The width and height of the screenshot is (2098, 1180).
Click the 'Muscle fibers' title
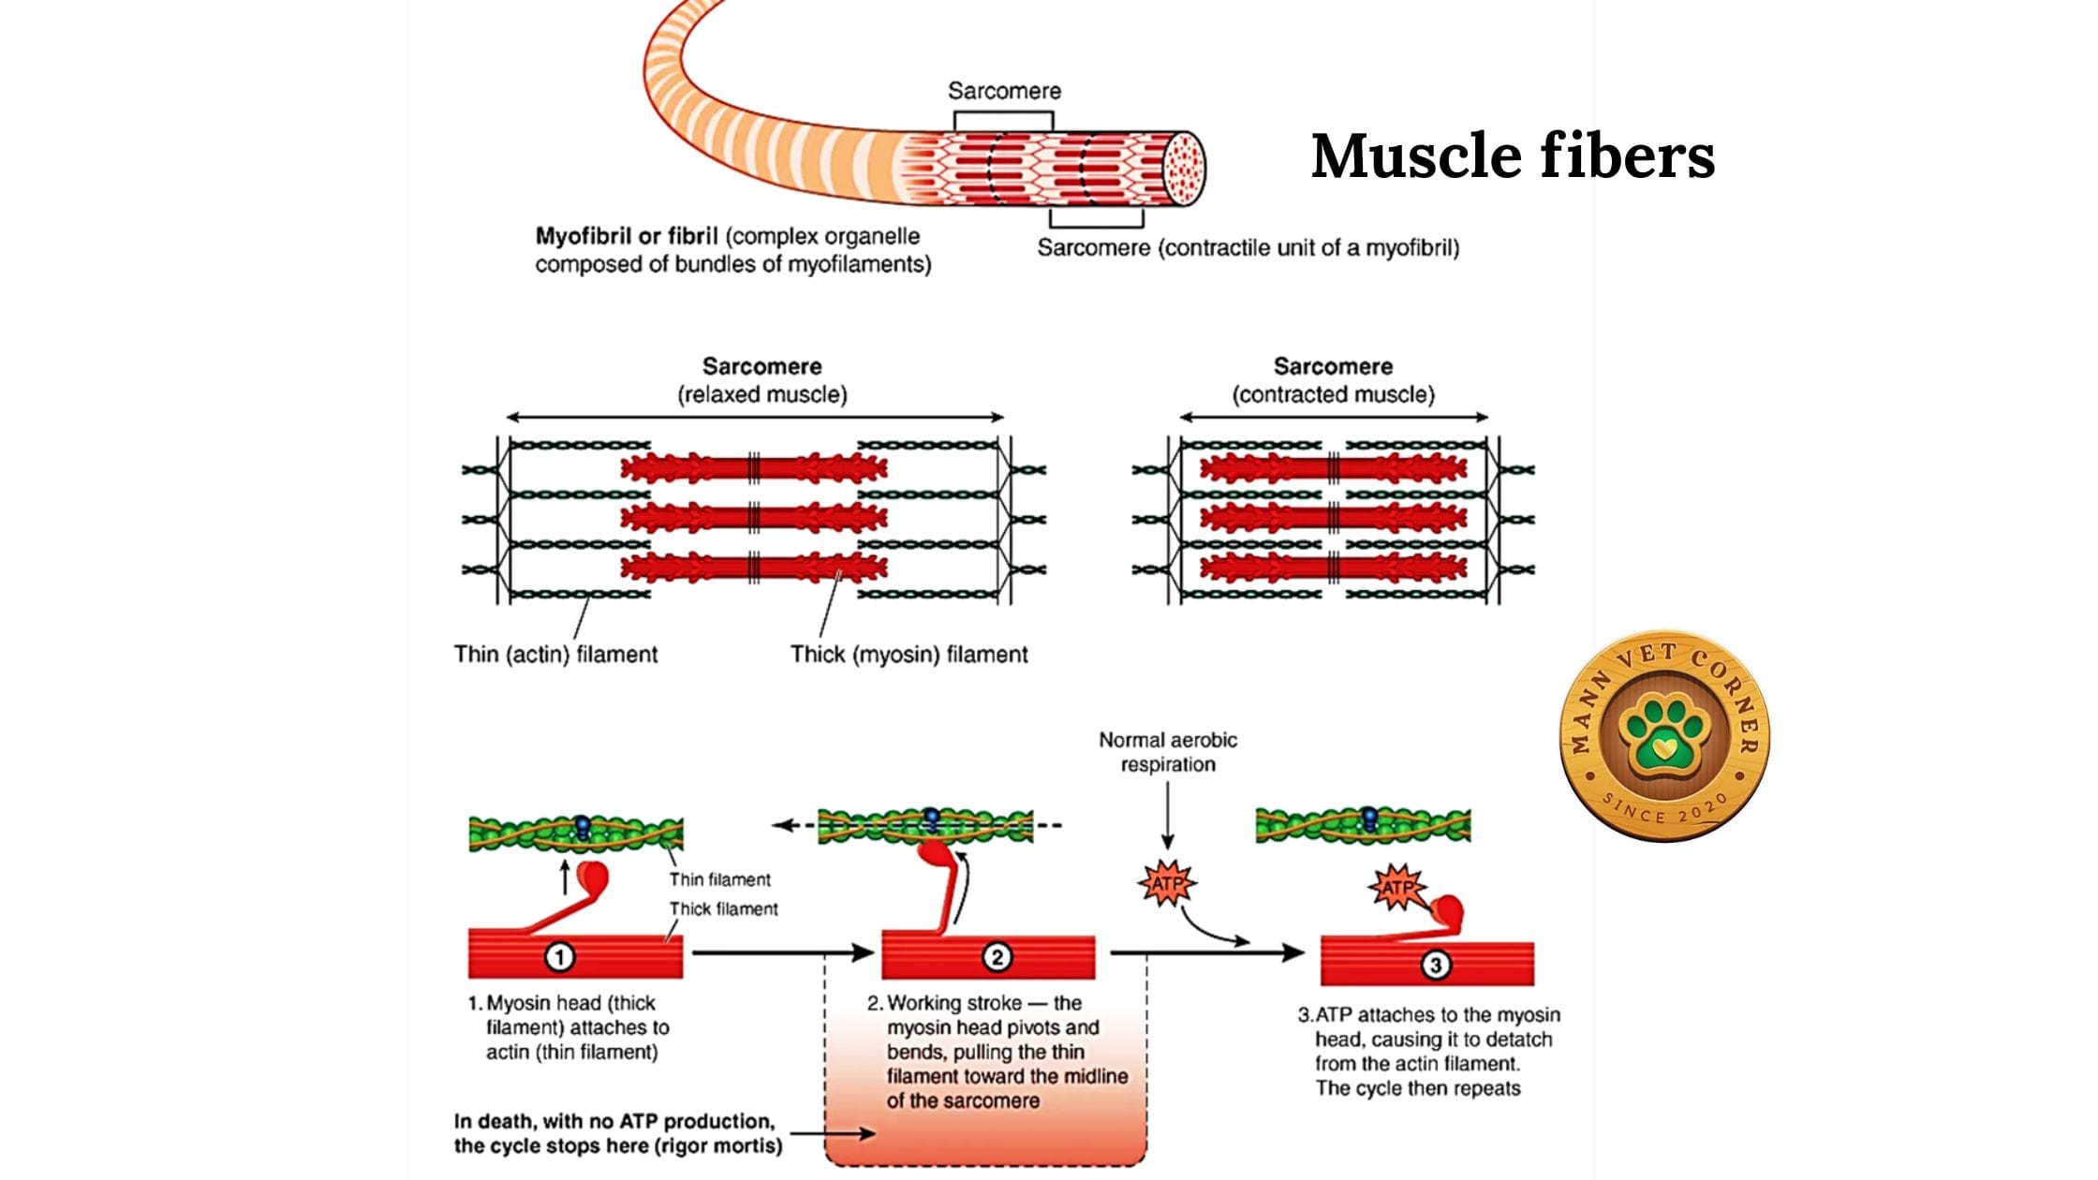1513,155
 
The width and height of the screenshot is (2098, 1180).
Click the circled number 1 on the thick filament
560,957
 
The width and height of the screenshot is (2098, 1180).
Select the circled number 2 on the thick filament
997,957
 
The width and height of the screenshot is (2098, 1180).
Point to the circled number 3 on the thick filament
1435,965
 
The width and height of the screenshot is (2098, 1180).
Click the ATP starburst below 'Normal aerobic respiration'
1166,883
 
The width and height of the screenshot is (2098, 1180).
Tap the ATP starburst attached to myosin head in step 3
1396,887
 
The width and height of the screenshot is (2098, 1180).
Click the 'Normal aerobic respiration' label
1168,752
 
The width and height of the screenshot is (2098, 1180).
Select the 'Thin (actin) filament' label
555,654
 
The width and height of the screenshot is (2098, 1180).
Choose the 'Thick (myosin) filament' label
909,654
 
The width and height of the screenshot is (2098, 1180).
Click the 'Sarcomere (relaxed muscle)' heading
762,380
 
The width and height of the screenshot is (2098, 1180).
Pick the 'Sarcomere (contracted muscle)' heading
1333,380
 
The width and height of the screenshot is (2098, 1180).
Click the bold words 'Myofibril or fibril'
627,236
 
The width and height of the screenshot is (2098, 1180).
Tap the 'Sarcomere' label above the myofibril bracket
1004,91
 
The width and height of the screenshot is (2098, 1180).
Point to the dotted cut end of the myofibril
1184,169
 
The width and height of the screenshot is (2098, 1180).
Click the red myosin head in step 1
593,878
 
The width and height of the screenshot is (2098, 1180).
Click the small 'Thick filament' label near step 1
723,908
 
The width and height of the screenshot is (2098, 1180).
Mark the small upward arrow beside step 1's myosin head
565,878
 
